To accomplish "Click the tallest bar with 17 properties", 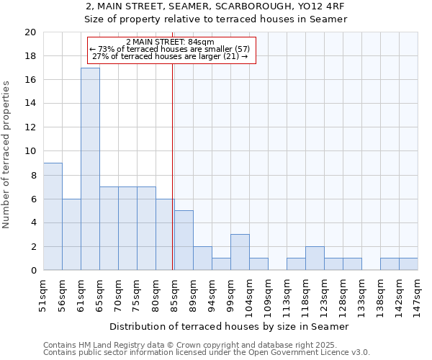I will tap(90, 169).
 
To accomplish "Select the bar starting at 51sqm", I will tap(53, 217).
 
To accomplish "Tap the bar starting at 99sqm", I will tap(240, 252).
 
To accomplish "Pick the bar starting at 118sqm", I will tap(315, 258).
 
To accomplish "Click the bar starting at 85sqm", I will tap(184, 240).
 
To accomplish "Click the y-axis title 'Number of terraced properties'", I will tap(7, 155).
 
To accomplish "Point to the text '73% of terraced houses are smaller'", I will tap(170, 49).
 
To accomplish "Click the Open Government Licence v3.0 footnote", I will tap(207, 353).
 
